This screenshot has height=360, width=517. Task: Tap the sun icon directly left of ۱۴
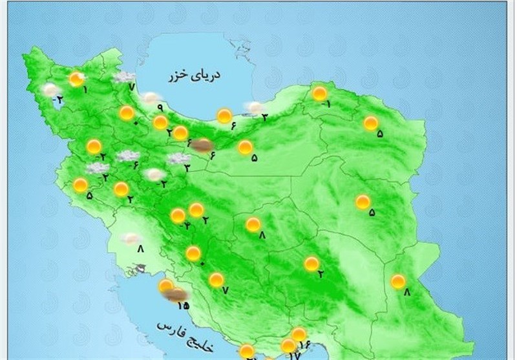pyautogui.click(x=288, y=346)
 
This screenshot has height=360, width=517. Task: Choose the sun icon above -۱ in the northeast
pyautogui.click(x=320, y=93)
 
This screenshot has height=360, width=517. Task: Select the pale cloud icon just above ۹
pyautogui.click(x=151, y=98)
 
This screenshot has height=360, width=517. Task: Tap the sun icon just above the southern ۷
pyautogui.click(x=216, y=280)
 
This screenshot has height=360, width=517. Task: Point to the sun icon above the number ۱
pyautogui.click(x=77, y=79)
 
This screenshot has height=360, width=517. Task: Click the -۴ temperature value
pyautogui.click(x=186, y=226)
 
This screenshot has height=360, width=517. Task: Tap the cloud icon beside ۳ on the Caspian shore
pyautogui.click(x=255, y=107)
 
